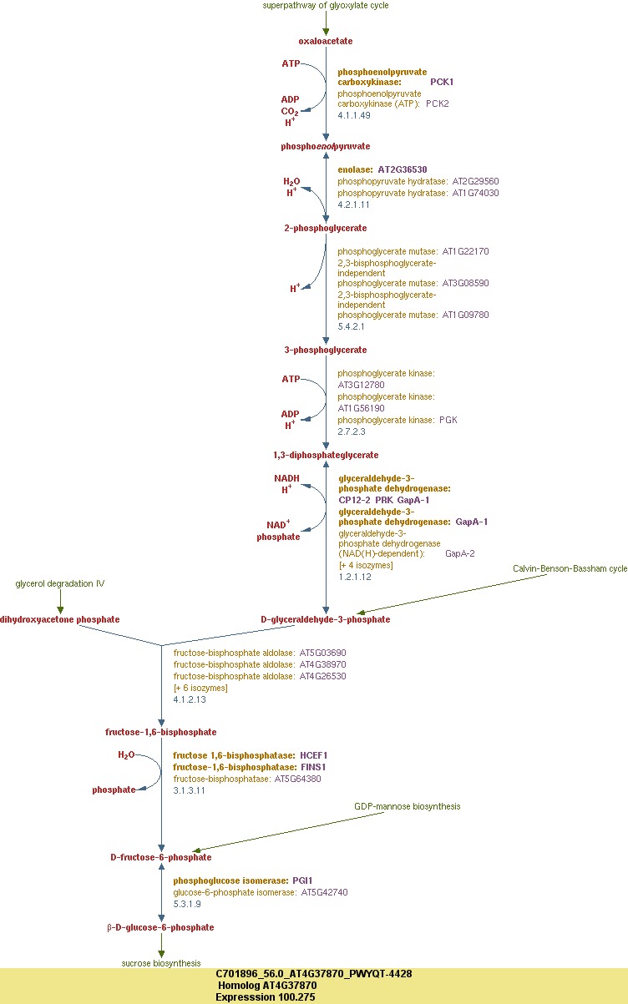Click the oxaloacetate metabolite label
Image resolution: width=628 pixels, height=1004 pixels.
[326, 41]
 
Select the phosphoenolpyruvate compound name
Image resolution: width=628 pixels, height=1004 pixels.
[326, 146]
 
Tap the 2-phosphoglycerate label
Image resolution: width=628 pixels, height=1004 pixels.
[326, 228]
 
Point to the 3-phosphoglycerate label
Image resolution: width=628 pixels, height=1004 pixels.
[326, 350]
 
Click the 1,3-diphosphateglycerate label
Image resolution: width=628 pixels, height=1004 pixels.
[326, 455]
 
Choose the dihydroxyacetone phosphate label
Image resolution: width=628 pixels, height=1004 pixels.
[60, 619]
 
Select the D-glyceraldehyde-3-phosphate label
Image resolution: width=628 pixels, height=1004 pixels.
[326, 619]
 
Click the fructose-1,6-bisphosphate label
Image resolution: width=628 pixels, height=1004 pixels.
[161, 732]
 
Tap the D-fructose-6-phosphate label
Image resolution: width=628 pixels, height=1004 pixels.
[161, 857]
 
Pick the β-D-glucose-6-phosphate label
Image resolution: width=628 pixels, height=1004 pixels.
[160, 927]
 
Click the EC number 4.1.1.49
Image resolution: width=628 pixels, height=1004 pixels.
[354, 114]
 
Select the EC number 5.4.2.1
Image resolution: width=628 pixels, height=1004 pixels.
[351, 326]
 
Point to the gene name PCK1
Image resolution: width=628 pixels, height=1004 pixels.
[442, 82]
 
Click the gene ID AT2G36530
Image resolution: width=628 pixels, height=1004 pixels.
[403, 169]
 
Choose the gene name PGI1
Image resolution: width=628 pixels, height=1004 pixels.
[302, 880]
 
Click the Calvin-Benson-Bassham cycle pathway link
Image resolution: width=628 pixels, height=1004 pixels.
[570, 592]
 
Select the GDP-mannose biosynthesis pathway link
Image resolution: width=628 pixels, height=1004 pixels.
[407, 806]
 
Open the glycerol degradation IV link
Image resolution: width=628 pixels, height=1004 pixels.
[60, 583]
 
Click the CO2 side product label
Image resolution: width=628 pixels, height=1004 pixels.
[290, 111]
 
